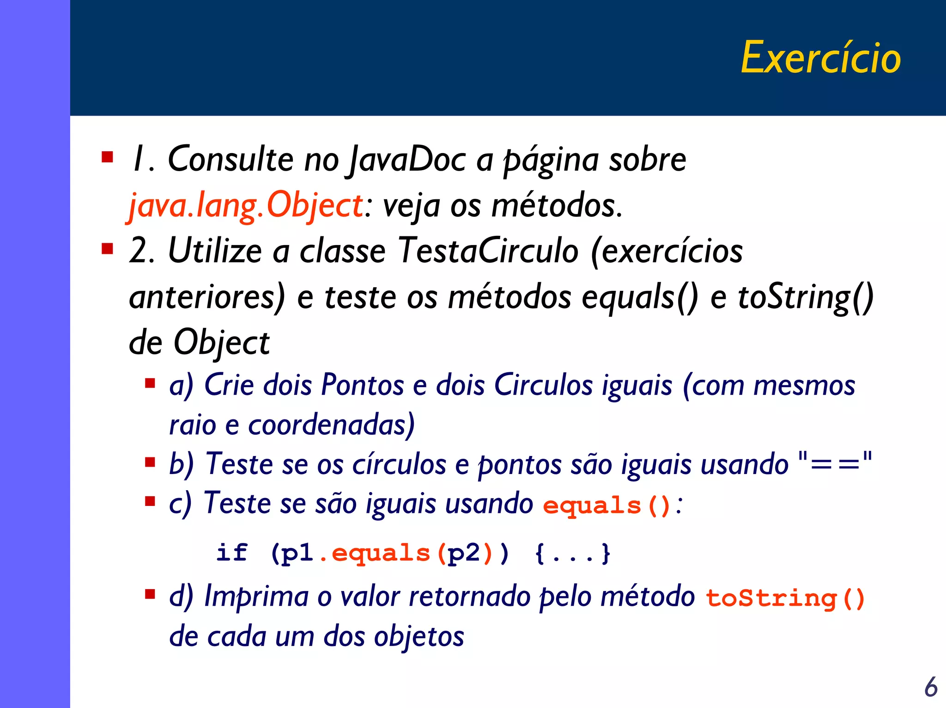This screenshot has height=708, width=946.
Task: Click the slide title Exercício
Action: [820, 57]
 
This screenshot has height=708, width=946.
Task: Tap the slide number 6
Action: [931, 687]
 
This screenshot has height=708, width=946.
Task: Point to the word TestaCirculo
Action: [488, 251]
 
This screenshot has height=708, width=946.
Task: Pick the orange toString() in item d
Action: [785, 598]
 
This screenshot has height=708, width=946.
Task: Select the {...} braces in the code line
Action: [573, 553]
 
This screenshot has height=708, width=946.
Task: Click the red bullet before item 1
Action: [108, 157]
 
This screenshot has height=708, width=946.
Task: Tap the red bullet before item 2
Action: [108, 249]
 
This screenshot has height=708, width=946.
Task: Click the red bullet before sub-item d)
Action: [150, 594]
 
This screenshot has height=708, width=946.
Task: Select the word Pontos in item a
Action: [362, 385]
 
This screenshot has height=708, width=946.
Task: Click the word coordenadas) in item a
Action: [331, 425]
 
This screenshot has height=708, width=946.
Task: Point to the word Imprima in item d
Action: [256, 597]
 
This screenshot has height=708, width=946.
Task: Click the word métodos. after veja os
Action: [557, 205]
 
